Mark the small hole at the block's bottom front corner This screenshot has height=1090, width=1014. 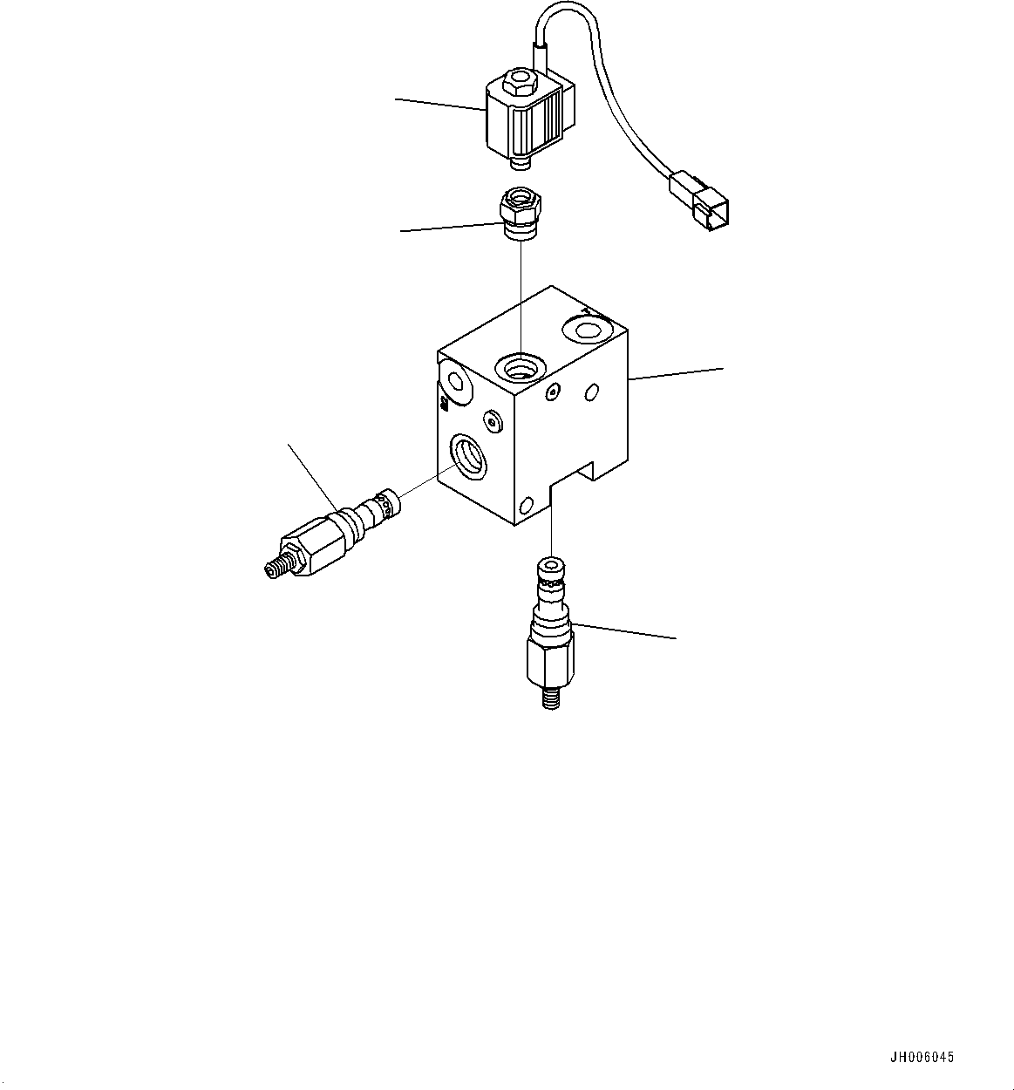click(526, 505)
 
